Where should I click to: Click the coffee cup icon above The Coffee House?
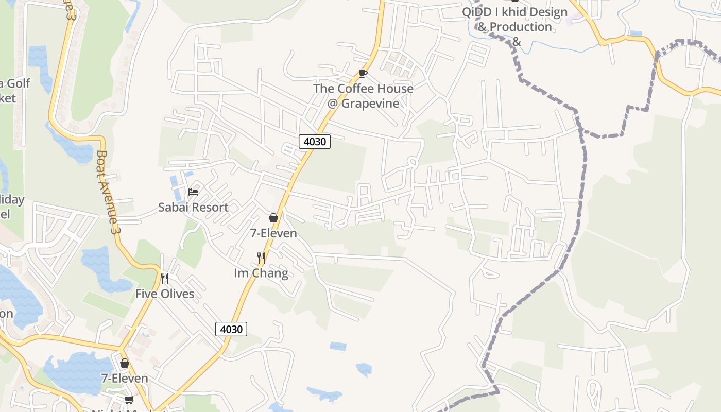point(363,73)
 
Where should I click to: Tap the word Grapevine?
point(370,104)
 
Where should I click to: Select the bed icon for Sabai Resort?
point(193,192)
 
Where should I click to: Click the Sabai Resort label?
point(193,208)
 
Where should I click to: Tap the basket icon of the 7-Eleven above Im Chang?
point(273,218)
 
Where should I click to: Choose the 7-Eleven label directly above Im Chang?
point(273,233)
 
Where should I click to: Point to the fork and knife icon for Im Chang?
point(261,257)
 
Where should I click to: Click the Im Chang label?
point(261,273)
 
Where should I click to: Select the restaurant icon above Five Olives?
point(165,279)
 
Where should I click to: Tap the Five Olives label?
point(165,294)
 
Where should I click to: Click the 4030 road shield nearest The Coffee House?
point(314,141)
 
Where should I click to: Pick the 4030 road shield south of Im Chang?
point(231,329)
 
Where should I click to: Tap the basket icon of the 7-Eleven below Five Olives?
point(125,363)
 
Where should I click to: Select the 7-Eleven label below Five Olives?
point(125,379)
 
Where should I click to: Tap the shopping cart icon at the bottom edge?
point(129,400)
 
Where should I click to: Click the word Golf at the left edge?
point(19,83)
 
